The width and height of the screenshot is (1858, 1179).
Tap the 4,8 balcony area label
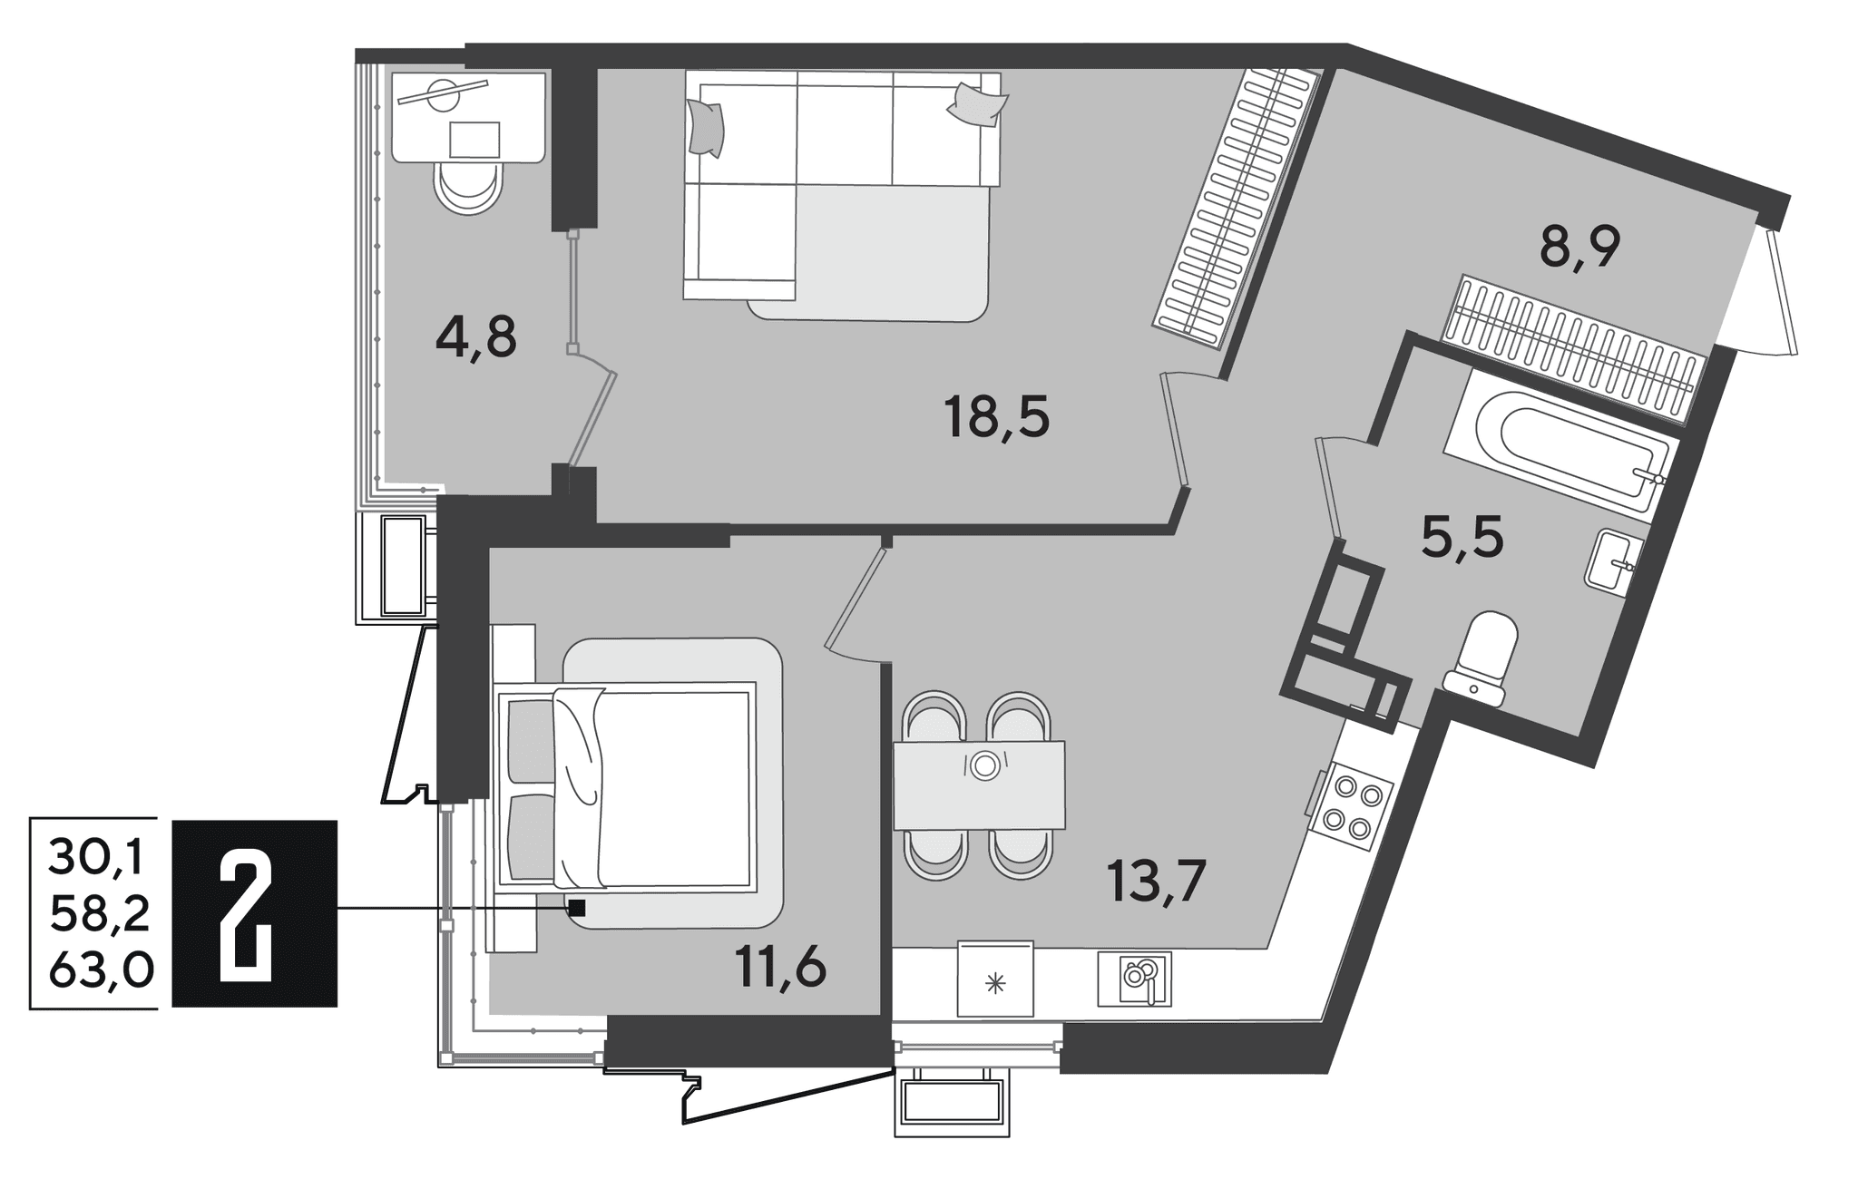(x=476, y=339)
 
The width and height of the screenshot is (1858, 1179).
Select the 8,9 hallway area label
(x=1580, y=247)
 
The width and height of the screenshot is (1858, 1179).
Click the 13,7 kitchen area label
(x=1156, y=881)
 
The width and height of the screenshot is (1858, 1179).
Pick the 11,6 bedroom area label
(x=781, y=968)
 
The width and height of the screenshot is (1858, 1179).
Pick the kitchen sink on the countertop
(x=1134, y=979)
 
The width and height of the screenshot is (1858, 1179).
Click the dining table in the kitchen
(x=979, y=785)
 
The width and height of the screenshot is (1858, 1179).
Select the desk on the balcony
(x=467, y=118)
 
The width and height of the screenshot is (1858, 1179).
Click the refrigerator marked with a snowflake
(x=995, y=979)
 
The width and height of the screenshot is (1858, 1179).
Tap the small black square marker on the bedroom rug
(x=577, y=907)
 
